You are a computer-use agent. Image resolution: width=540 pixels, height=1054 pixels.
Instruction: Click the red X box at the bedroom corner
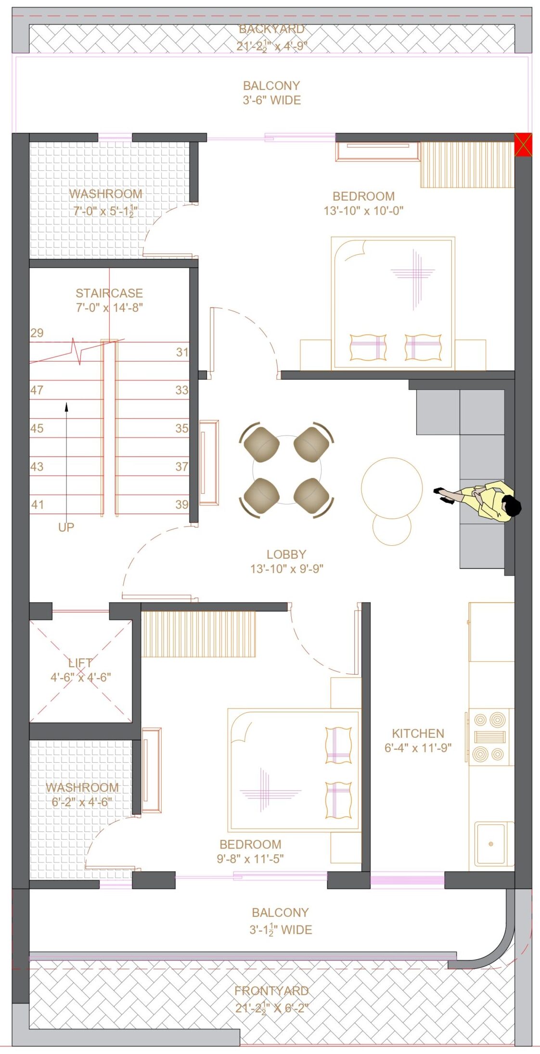[523, 144]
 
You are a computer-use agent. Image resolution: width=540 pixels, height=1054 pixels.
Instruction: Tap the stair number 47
[37, 390]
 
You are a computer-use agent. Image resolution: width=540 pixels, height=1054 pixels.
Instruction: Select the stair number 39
[182, 504]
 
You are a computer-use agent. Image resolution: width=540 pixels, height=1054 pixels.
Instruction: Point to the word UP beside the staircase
[66, 527]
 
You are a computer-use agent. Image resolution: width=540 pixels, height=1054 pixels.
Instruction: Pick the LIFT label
[80, 663]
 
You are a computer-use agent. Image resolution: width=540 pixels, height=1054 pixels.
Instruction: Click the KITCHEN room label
[418, 733]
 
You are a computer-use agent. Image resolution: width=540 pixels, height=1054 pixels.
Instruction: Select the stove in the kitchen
[489, 736]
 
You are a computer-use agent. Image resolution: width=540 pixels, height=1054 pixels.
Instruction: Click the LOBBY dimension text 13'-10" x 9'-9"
[286, 568]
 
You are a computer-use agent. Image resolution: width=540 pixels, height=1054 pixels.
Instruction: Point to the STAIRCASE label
[109, 293]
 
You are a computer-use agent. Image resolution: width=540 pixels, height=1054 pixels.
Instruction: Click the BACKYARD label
[272, 29]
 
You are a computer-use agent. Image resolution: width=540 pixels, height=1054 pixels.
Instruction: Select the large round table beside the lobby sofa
[392, 488]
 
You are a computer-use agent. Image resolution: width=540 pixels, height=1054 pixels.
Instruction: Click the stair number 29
[37, 333]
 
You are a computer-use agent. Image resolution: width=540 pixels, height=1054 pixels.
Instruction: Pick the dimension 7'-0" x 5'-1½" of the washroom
[105, 211]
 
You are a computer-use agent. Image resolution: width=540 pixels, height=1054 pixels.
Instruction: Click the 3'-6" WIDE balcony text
[272, 100]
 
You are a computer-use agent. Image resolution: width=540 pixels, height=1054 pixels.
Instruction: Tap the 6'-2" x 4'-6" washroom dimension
[82, 802]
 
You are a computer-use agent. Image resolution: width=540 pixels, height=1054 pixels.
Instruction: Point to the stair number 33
[182, 390]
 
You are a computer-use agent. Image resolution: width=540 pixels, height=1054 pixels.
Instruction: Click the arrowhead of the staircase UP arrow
[66, 407]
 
